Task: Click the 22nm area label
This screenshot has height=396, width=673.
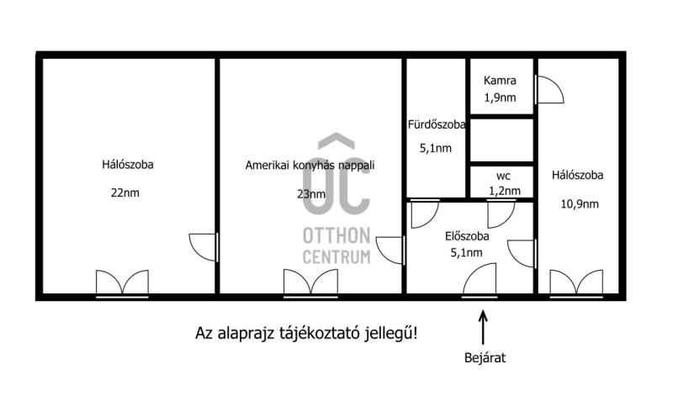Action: click(125, 193)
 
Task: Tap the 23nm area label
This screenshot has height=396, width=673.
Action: click(311, 194)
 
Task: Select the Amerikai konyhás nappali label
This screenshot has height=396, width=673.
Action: click(310, 165)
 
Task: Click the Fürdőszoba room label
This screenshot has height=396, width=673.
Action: click(437, 124)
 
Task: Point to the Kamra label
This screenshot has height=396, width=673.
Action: click(500, 80)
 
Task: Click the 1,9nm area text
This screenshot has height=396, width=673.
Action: click(500, 98)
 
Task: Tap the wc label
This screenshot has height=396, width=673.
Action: click(503, 176)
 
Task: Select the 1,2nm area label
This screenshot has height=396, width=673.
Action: click(505, 191)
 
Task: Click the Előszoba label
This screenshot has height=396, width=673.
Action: click(467, 236)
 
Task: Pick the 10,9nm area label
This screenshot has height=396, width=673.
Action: click(580, 203)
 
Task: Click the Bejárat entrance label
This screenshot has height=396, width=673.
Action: click(485, 358)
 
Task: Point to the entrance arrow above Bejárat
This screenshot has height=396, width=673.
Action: click(483, 327)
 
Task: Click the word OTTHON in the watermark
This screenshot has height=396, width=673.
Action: click(336, 235)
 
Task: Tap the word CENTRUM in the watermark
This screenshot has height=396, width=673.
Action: click(336, 257)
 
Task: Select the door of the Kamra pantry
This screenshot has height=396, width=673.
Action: click(549, 90)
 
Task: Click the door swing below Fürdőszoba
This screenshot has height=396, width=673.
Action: click(425, 214)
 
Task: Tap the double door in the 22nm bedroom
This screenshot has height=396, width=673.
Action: click(122, 283)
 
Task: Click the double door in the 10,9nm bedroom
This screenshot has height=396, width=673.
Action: click(576, 283)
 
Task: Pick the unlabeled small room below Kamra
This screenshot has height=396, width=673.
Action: click(501, 140)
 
